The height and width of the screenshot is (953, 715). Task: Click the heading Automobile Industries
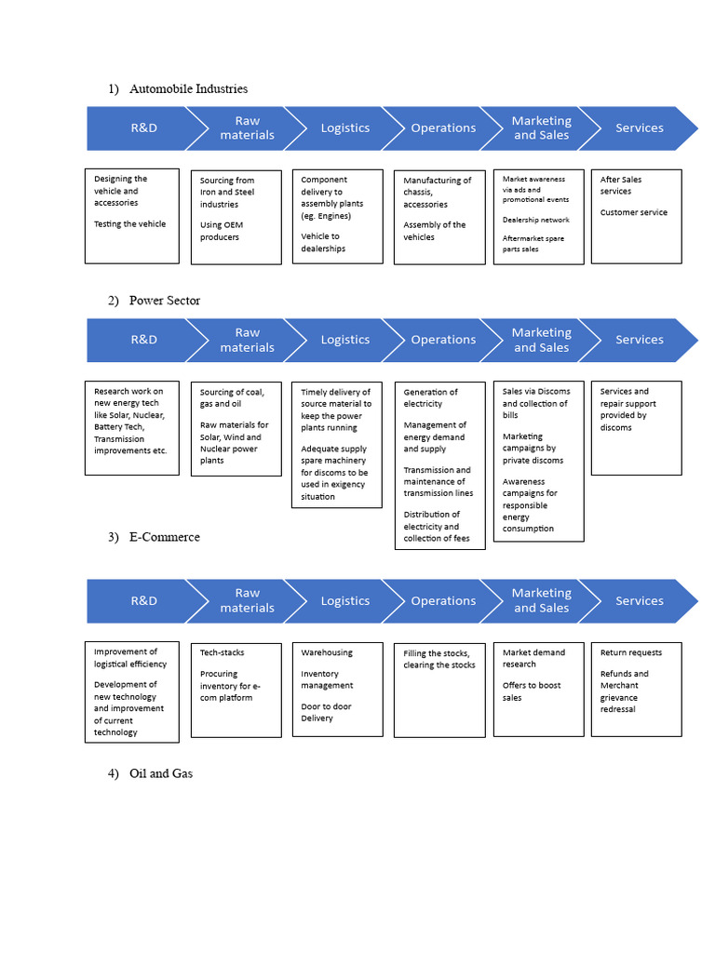click(188, 88)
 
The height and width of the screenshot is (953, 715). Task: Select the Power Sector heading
click(164, 300)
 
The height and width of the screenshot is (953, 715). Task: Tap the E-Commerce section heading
click(164, 537)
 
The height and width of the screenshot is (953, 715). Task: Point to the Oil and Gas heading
click(160, 773)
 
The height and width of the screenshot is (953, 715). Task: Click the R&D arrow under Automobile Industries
click(143, 128)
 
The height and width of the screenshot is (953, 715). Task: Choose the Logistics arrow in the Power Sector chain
click(344, 340)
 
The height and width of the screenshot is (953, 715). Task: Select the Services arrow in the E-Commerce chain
click(640, 601)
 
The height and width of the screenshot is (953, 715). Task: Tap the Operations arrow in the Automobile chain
click(443, 128)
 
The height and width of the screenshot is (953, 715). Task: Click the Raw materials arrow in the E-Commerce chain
click(247, 601)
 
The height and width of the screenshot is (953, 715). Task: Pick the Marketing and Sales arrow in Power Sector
click(541, 340)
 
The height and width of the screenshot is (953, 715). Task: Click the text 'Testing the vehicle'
click(130, 224)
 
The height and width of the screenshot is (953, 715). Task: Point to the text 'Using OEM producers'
click(221, 231)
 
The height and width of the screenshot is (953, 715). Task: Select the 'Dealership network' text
click(535, 220)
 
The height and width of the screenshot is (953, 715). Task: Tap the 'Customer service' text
click(633, 212)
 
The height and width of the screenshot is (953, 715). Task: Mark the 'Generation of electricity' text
click(430, 398)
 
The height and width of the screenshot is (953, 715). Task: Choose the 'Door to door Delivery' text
click(326, 712)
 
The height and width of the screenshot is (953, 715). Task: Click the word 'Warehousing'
click(327, 652)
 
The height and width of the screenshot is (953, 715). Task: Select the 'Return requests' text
click(630, 652)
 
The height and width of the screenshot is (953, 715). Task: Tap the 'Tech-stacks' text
click(223, 652)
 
